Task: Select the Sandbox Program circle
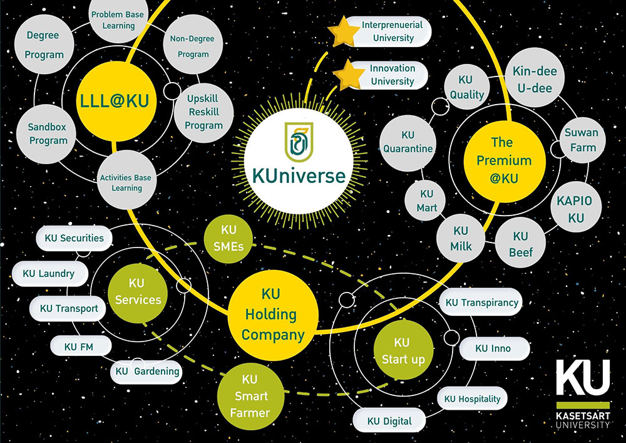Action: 48,133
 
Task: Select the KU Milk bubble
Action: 461,239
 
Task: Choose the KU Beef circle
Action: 520,244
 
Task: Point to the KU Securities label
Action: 74,238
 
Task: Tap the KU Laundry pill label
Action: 48,273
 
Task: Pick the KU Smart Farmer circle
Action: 249,396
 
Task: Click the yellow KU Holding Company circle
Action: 273,315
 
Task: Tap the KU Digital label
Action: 389,421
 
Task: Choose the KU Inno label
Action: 493,348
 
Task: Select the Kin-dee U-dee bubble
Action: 534,80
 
